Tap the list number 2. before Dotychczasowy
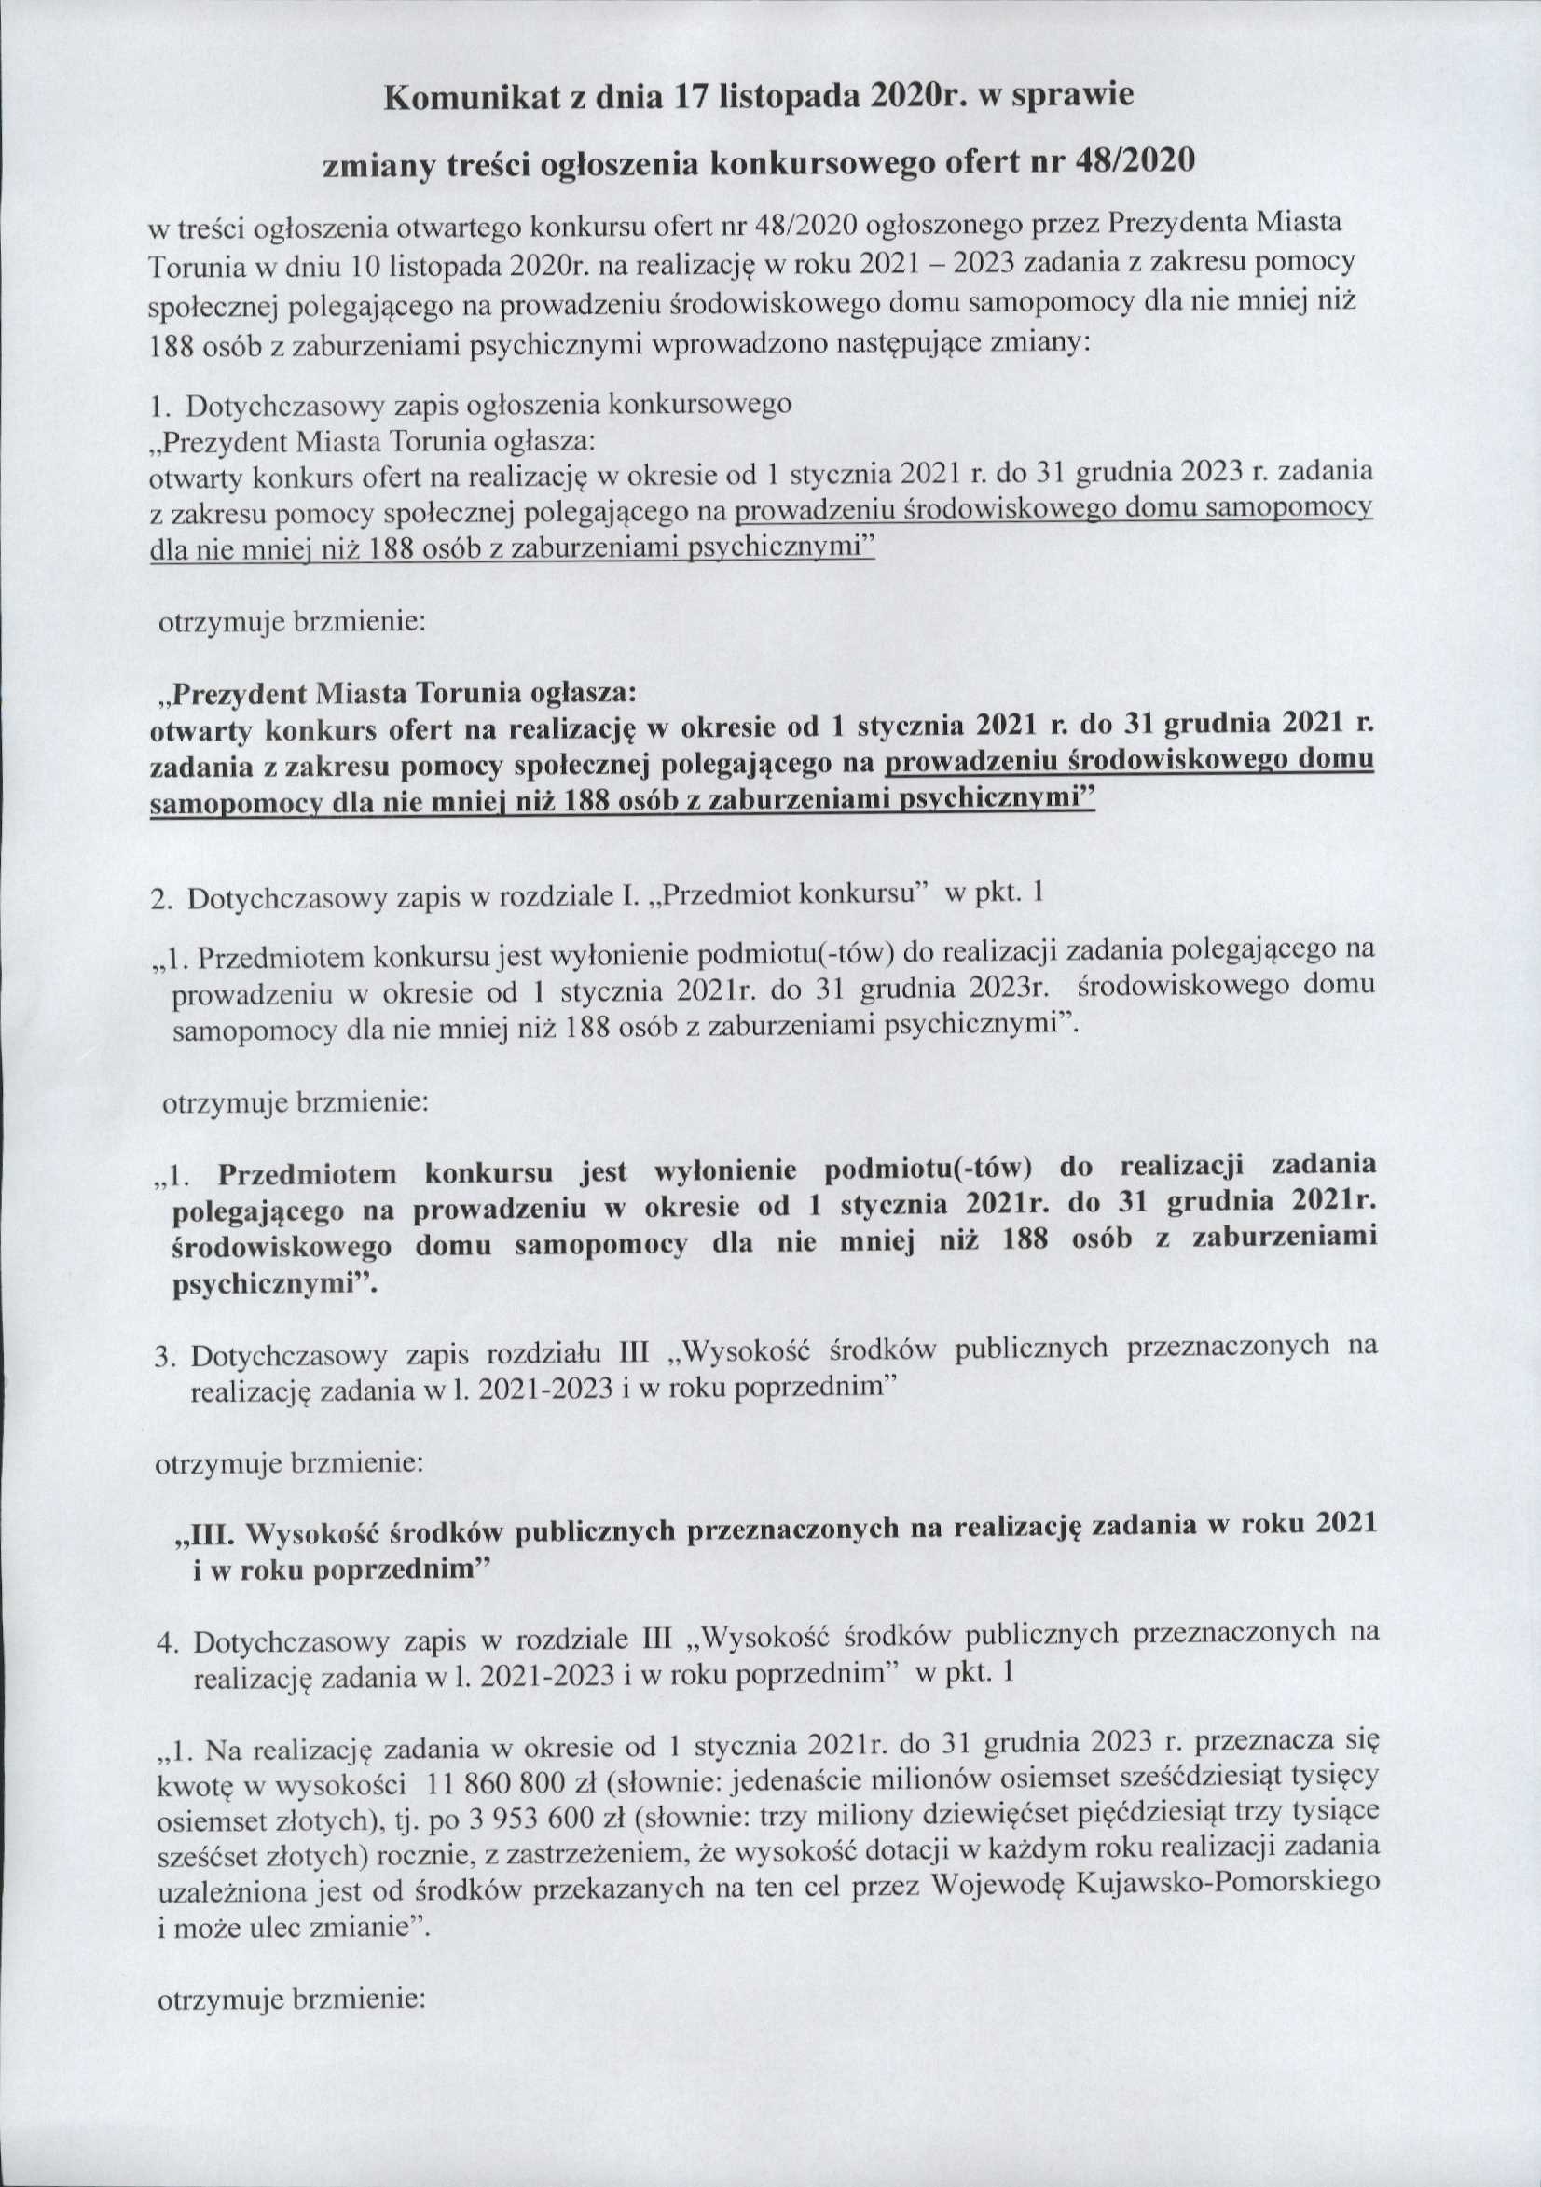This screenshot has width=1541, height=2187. (x=161, y=899)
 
